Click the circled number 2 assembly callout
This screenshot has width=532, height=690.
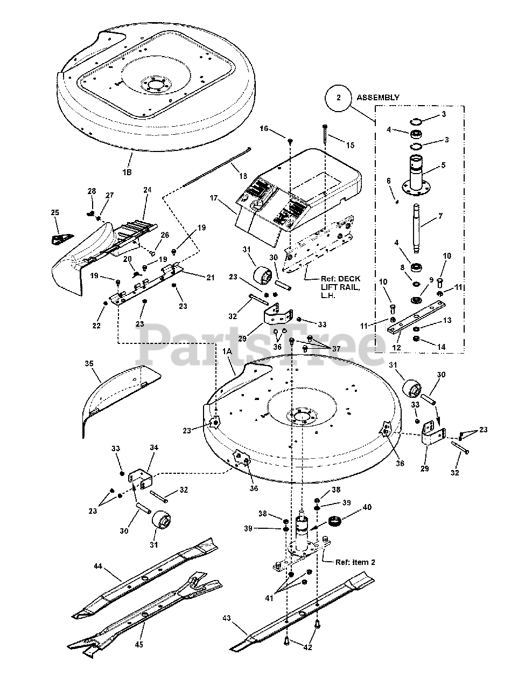[339, 98]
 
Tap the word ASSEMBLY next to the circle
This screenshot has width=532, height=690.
[377, 98]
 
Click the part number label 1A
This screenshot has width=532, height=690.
[225, 366]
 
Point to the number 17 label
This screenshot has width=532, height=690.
[214, 198]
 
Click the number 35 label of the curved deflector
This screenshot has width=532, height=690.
[89, 364]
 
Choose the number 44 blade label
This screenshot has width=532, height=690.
[97, 565]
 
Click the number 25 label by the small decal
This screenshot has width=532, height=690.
[54, 213]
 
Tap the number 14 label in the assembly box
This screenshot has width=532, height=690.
[441, 347]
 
